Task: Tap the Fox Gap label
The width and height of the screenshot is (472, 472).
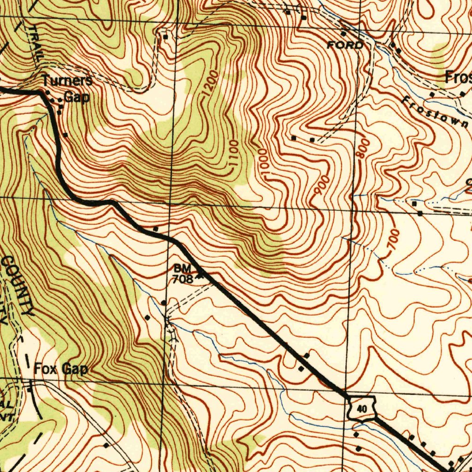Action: tap(61, 369)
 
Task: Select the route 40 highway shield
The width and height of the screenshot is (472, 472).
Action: tap(362, 408)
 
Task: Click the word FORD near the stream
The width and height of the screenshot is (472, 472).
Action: tap(345, 45)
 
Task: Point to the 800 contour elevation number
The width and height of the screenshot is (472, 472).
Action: tap(362, 148)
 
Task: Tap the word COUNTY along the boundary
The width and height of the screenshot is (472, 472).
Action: tap(18, 286)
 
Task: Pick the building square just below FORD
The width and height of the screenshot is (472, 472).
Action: tap(343, 34)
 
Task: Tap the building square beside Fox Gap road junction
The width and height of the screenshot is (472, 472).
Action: tap(30, 389)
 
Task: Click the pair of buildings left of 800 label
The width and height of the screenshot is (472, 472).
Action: tap(303, 138)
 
